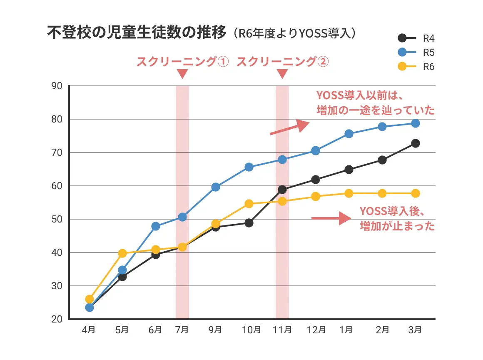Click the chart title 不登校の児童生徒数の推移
(x=137, y=32)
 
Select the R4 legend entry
(x=416, y=38)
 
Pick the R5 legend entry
(x=416, y=52)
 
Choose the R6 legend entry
(x=416, y=67)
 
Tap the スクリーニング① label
(x=182, y=62)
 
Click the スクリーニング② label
(x=282, y=62)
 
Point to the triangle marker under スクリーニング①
(x=182, y=74)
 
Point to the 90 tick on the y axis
(x=57, y=86)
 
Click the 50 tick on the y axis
(x=57, y=220)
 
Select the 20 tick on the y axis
(x=57, y=320)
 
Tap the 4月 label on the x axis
(x=89, y=330)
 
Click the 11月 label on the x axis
(x=282, y=330)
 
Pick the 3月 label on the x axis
(x=415, y=330)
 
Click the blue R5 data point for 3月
(x=415, y=123)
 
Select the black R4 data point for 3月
(x=415, y=143)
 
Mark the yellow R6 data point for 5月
(x=122, y=253)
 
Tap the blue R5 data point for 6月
(x=156, y=226)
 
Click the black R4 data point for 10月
(x=249, y=223)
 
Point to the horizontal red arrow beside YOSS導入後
(x=331, y=218)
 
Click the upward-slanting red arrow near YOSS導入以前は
(x=289, y=128)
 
